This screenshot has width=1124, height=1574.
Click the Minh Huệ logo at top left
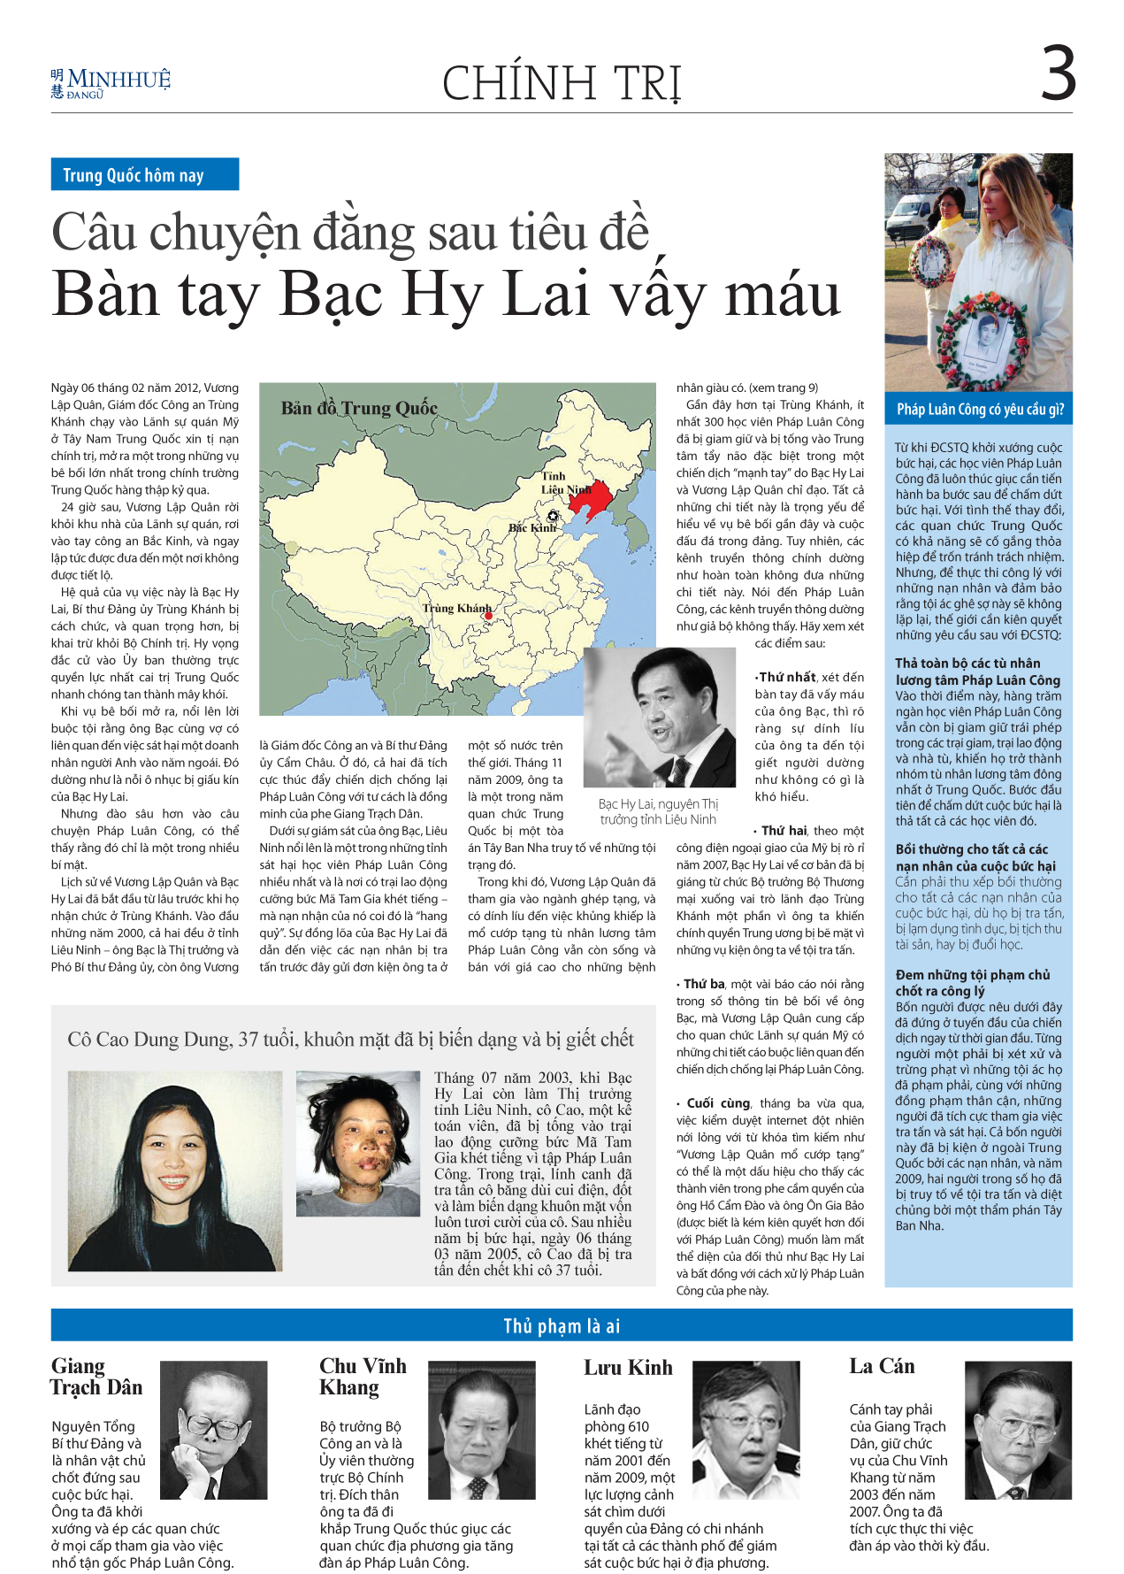tap(111, 83)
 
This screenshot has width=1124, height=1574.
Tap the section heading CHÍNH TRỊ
tap(562, 83)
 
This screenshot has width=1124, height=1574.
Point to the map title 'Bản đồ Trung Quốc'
tap(359, 408)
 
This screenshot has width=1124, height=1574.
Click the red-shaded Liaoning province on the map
tap(591, 498)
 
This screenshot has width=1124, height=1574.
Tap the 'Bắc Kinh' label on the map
tap(532, 527)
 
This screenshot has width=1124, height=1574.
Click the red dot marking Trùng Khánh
tap(487, 616)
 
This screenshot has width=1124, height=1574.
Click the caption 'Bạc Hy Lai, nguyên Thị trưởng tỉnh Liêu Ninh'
tap(658, 811)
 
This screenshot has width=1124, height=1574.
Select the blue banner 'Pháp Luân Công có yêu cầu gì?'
tap(979, 409)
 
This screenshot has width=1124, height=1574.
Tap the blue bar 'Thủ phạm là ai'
tap(562, 1325)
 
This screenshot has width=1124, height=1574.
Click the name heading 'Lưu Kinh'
tap(628, 1367)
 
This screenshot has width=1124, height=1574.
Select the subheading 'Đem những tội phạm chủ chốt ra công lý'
tap(972, 982)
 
